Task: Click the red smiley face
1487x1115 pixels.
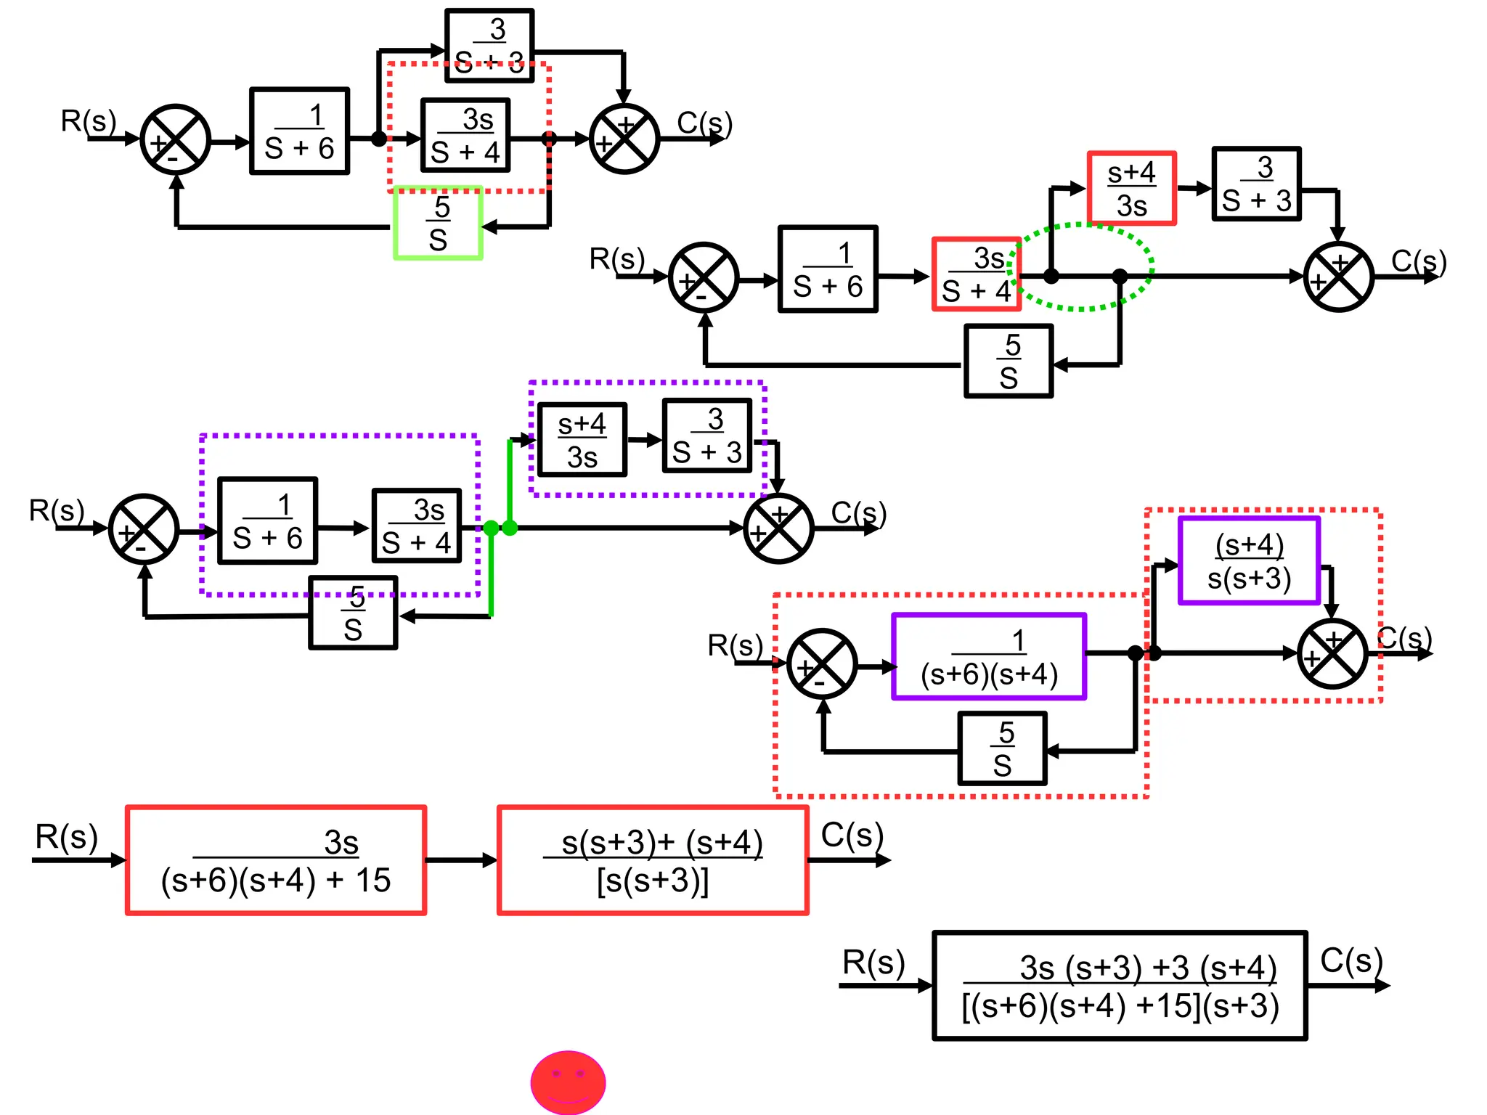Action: [x=568, y=1082]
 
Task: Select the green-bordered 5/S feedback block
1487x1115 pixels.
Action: [x=438, y=224]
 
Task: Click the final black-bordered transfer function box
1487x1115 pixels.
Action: [x=1119, y=986]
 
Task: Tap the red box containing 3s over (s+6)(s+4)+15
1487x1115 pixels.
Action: [x=275, y=860]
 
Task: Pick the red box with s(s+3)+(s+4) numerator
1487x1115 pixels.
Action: [x=652, y=860]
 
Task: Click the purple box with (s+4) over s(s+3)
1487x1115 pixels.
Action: [x=1248, y=561]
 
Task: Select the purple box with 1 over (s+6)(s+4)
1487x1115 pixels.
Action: [x=988, y=657]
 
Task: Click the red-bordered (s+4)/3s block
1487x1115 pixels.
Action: [x=1131, y=189]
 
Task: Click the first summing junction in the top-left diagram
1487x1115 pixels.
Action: [x=175, y=139]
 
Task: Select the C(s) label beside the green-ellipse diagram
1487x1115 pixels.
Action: [x=1418, y=262]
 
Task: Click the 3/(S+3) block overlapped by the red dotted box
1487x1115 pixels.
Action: [x=489, y=45]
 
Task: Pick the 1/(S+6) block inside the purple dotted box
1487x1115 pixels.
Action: [x=267, y=521]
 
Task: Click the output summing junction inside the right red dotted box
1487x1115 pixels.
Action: [x=1332, y=654]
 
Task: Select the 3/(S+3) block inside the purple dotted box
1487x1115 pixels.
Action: [x=707, y=436]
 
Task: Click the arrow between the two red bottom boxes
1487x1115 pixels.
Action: [x=461, y=861]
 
